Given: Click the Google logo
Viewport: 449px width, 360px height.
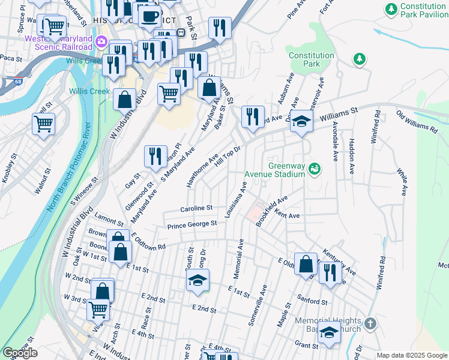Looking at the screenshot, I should coord(20,352).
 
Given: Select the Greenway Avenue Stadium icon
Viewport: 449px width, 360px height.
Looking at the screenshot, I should coord(313,170).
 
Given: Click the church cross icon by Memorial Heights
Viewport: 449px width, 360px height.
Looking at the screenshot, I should coord(370,323).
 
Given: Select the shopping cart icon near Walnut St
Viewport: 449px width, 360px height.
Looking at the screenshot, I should coord(44,124).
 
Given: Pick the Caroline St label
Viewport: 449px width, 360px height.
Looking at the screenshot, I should coord(196,208).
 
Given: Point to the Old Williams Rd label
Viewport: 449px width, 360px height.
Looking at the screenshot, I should coord(417,122).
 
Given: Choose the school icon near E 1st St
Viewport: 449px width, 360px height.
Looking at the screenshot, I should coord(197,281).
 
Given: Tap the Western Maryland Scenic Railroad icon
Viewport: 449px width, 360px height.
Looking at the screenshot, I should coord(100,41).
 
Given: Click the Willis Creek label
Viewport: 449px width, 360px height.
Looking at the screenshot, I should coord(91,91).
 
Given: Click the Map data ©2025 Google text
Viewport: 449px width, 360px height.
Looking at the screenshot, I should coord(412,355).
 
